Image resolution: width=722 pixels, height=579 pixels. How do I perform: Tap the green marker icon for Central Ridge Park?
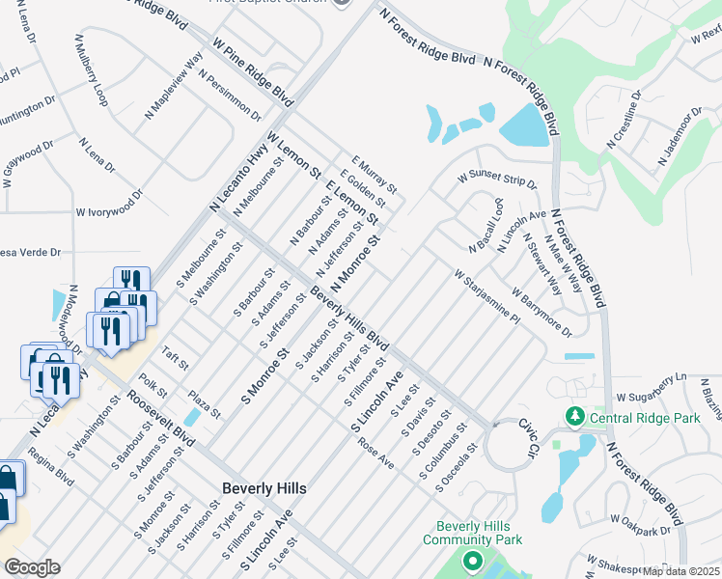[575, 417]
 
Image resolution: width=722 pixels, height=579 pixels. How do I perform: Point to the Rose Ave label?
[376, 454]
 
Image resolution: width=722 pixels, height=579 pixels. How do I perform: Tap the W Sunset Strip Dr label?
[496, 179]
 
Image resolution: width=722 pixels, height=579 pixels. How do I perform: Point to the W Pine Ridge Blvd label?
[254, 73]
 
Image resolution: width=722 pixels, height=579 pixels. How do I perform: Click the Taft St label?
[174, 362]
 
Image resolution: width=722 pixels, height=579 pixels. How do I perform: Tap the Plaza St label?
[205, 404]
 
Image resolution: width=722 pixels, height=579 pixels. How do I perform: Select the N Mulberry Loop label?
[89, 72]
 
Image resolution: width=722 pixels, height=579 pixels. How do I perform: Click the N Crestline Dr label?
[624, 121]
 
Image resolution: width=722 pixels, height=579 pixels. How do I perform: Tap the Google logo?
[32, 567]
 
